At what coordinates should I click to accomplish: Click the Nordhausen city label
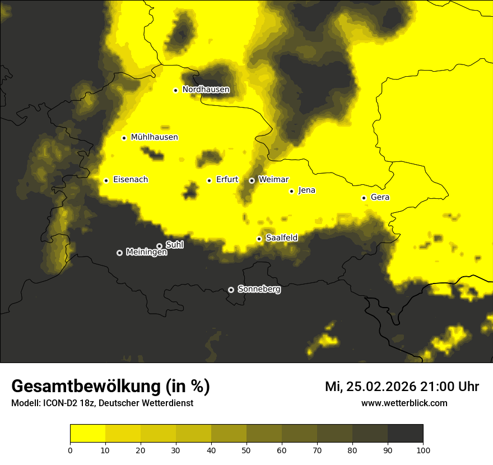click(206, 90)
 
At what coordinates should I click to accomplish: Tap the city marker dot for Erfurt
click(209, 180)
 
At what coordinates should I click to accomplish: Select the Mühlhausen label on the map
click(154, 137)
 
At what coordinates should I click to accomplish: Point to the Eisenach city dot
click(106, 180)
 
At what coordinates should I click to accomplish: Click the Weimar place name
click(273, 180)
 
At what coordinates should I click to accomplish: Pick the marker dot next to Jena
click(291, 191)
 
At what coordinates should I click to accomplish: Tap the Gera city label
click(380, 198)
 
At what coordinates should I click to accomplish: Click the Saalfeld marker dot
click(259, 239)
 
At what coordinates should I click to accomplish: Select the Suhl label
click(174, 245)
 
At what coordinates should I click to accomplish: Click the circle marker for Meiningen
click(119, 253)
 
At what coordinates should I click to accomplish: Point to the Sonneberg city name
click(259, 290)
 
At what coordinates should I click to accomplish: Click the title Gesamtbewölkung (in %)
click(110, 387)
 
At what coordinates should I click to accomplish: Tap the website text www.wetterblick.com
click(404, 403)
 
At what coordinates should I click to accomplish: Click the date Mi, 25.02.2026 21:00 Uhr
click(402, 387)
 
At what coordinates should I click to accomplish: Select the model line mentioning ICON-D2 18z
click(102, 403)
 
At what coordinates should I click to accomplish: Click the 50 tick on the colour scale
click(246, 450)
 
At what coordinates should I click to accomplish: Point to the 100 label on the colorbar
click(423, 450)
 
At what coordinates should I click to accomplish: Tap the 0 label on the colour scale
click(70, 450)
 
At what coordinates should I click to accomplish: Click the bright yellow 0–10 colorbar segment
click(87, 434)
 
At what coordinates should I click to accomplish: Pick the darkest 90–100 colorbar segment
click(405, 434)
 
